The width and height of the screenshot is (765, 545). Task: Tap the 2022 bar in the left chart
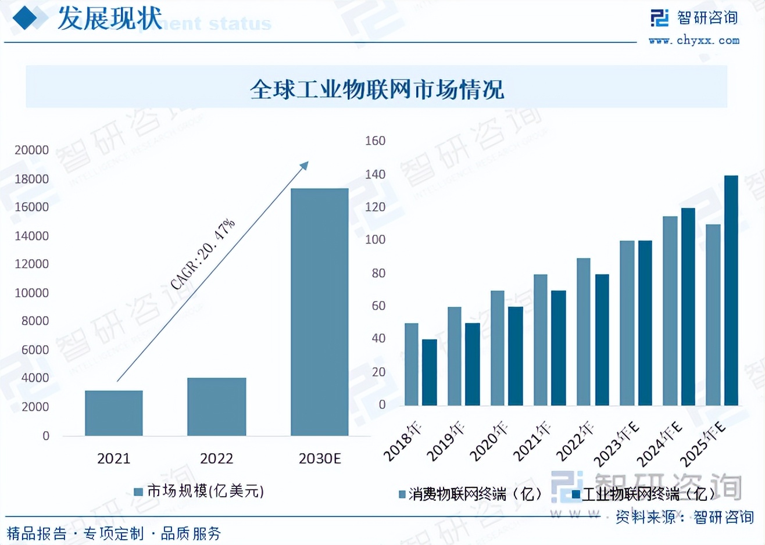coord(216,406)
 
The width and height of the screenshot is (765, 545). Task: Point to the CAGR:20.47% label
coord(203,253)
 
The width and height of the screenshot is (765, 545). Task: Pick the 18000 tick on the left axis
coord(31,179)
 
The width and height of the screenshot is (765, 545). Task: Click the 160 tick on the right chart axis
coord(375,141)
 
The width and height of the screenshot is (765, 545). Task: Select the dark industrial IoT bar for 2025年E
coord(731,290)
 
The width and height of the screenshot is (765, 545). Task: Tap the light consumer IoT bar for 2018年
coord(411,364)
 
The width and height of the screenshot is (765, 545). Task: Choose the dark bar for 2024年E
coord(688,306)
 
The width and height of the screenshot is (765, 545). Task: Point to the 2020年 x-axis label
coord(488,442)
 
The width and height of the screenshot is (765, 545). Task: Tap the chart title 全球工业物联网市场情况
coord(377,89)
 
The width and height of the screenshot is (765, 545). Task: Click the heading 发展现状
coord(110,19)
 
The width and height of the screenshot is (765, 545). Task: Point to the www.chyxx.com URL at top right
coord(694,41)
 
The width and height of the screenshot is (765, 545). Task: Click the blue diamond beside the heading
coord(25,18)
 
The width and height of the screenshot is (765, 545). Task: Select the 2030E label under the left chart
coord(319,458)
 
